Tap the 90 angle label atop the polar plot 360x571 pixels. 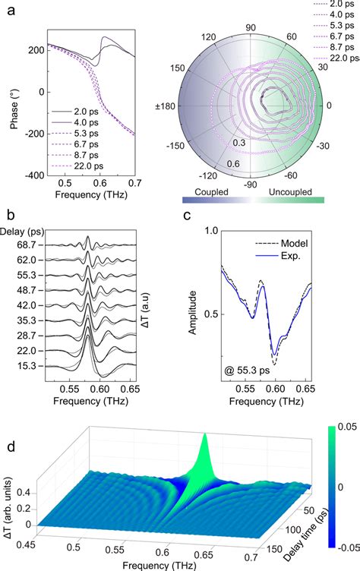coord(257,15)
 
